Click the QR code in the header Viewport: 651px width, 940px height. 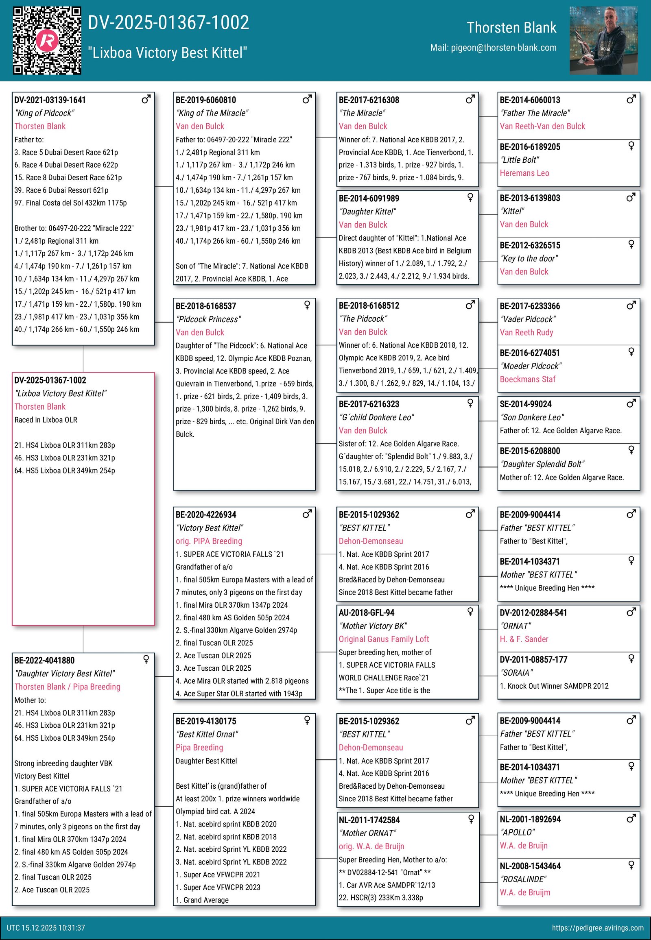point(47,40)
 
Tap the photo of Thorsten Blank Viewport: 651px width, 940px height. point(603,40)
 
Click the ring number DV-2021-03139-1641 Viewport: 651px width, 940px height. point(50,100)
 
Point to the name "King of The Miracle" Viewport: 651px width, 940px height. point(212,113)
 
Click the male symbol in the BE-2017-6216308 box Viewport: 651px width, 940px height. point(470,99)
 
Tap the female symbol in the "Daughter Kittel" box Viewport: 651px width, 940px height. point(470,197)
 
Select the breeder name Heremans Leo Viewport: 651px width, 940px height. point(524,173)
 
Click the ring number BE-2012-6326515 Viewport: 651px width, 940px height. point(530,245)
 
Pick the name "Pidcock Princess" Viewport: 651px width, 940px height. point(208,319)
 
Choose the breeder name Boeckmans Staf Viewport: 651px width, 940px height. point(527,379)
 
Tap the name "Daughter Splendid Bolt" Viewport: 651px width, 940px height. point(542,464)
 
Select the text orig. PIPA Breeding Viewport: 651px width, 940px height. point(209,541)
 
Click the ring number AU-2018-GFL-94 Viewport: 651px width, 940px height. point(366,613)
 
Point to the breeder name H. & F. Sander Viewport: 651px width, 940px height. point(524,639)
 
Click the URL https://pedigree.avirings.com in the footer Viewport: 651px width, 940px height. point(598,928)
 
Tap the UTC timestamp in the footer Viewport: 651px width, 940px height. point(46,928)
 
